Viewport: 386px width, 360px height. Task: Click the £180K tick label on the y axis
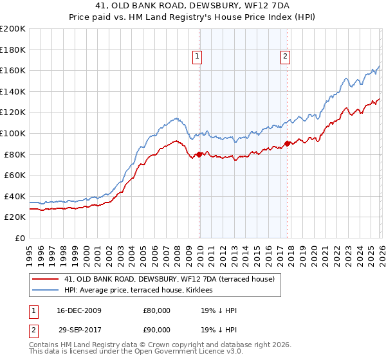pyautogui.click(x=13, y=50)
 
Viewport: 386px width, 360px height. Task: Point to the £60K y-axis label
pyautogui.click(x=15, y=175)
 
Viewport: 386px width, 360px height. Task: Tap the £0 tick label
pyautogui.click(x=20, y=238)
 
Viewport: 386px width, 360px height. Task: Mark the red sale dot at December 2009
pyautogui.click(x=199, y=154)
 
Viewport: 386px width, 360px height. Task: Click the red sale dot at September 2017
pyautogui.click(x=287, y=143)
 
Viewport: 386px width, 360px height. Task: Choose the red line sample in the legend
pyautogui.click(x=46, y=279)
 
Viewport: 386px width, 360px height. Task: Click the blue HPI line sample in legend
pyautogui.click(x=46, y=291)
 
